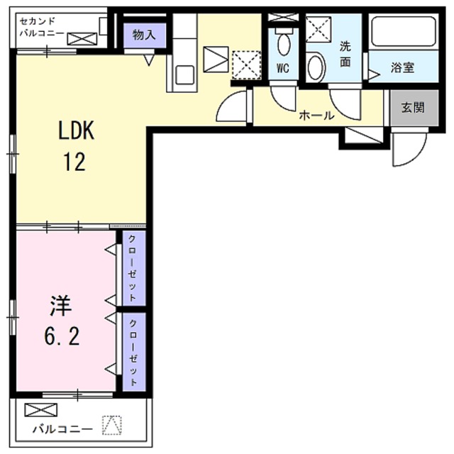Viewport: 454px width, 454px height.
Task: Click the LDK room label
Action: point(76,131)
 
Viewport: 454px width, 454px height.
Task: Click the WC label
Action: point(282,70)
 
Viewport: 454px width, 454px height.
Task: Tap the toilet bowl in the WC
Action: point(284,43)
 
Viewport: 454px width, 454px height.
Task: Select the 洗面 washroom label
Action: point(345,54)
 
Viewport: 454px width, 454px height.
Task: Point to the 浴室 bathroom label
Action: point(402,68)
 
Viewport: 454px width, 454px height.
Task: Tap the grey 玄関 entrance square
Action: point(411,108)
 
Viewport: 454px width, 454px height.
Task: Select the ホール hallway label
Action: point(316,114)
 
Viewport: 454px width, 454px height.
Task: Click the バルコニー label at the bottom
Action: point(64,429)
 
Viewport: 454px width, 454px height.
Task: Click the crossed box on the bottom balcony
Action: point(38,410)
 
